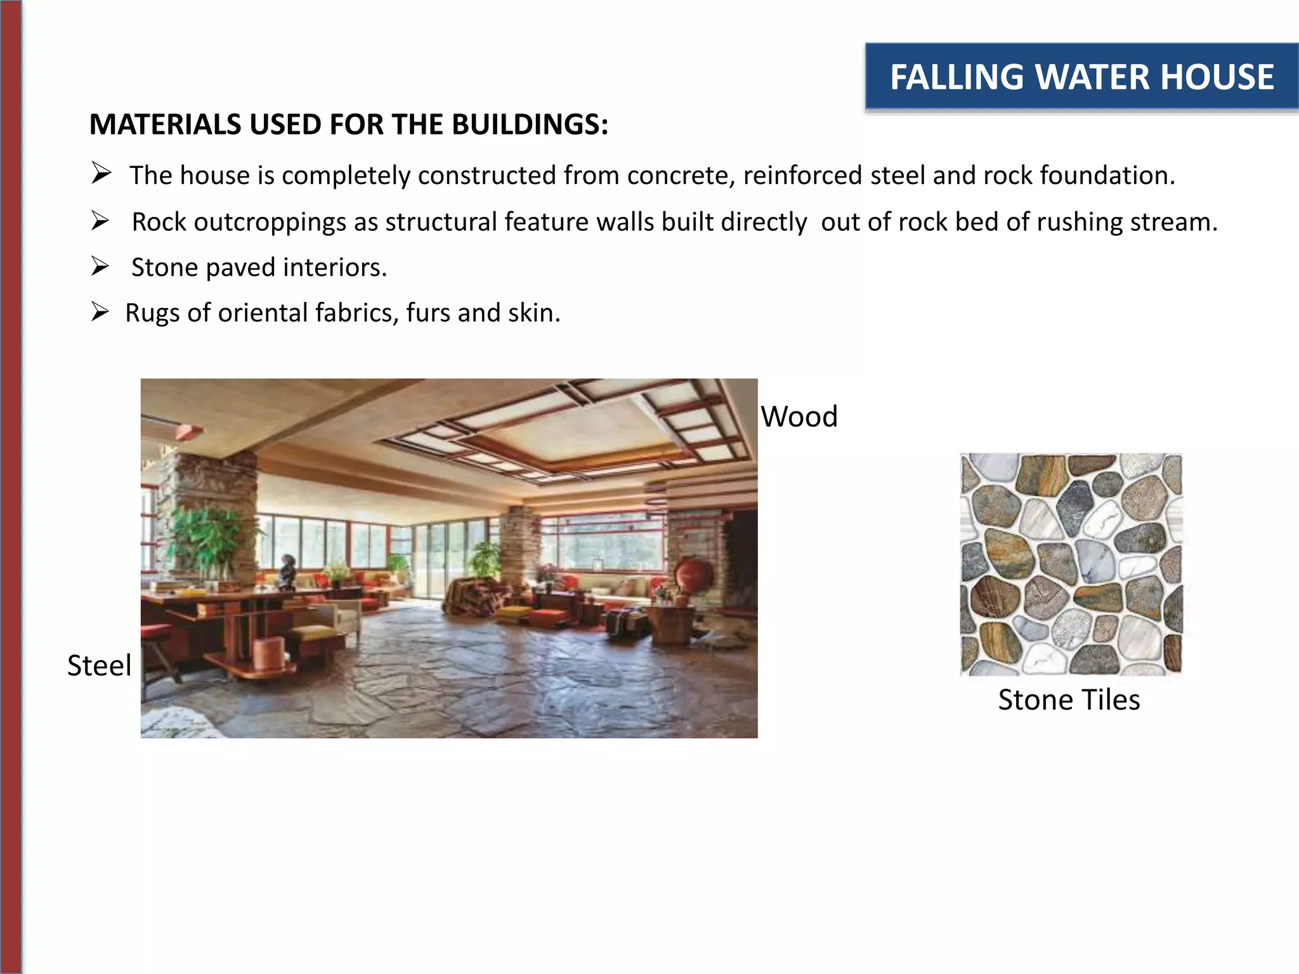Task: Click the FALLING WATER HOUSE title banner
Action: point(1081,77)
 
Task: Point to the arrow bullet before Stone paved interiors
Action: point(100,266)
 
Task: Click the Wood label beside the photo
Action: point(799,417)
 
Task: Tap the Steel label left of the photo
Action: point(99,666)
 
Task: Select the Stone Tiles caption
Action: point(1069,700)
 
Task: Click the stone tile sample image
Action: point(1071,564)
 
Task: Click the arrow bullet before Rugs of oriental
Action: point(100,312)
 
